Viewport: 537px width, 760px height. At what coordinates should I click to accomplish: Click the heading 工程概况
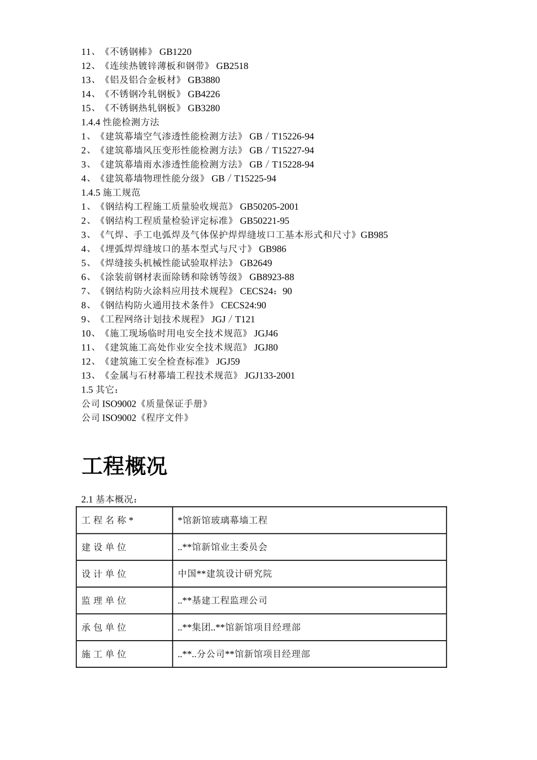pyautogui.click(x=124, y=467)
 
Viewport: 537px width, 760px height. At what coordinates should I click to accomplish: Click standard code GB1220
pyautogui.click(x=175, y=52)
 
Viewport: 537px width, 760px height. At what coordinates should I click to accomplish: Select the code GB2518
pyautogui.click(x=232, y=66)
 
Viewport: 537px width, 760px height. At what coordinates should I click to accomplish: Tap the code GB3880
pyautogui.click(x=203, y=80)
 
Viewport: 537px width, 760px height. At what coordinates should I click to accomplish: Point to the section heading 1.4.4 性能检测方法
pyautogui.click(x=120, y=122)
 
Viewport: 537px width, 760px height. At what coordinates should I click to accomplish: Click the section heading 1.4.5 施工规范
pyautogui.click(x=111, y=192)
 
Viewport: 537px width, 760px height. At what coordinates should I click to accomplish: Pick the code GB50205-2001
pyautogui.click(x=269, y=207)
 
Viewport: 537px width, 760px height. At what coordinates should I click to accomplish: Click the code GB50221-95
pyautogui.click(x=264, y=221)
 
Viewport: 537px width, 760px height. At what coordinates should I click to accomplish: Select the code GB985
pyautogui.click(x=374, y=235)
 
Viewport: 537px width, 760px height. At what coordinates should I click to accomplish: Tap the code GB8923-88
pyautogui.click(x=271, y=277)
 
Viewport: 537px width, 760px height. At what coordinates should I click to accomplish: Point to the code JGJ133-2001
pyautogui.click(x=270, y=376)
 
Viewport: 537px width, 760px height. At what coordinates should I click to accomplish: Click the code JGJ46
pyautogui.click(x=266, y=334)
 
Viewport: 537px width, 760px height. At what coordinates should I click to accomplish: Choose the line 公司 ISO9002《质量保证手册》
pyautogui.click(x=146, y=404)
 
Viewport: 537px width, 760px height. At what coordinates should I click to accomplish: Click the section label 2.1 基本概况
pyautogui.click(x=110, y=499)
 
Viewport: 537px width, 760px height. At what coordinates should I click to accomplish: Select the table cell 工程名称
pyautogui.click(x=107, y=520)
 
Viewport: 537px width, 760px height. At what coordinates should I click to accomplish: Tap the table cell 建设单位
pyautogui.click(x=104, y=547)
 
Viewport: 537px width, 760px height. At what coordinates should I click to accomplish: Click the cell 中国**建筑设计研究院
pyautogui.click(x=225, y=573)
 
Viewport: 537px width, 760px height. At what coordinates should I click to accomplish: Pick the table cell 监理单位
pyautogui.click(x=104, y=601)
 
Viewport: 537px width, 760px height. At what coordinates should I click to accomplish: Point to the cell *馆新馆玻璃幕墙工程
pyautogui.click(x=223, y=520)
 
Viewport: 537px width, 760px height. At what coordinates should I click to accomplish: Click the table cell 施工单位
pyautogui.click(x=104, y=654)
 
